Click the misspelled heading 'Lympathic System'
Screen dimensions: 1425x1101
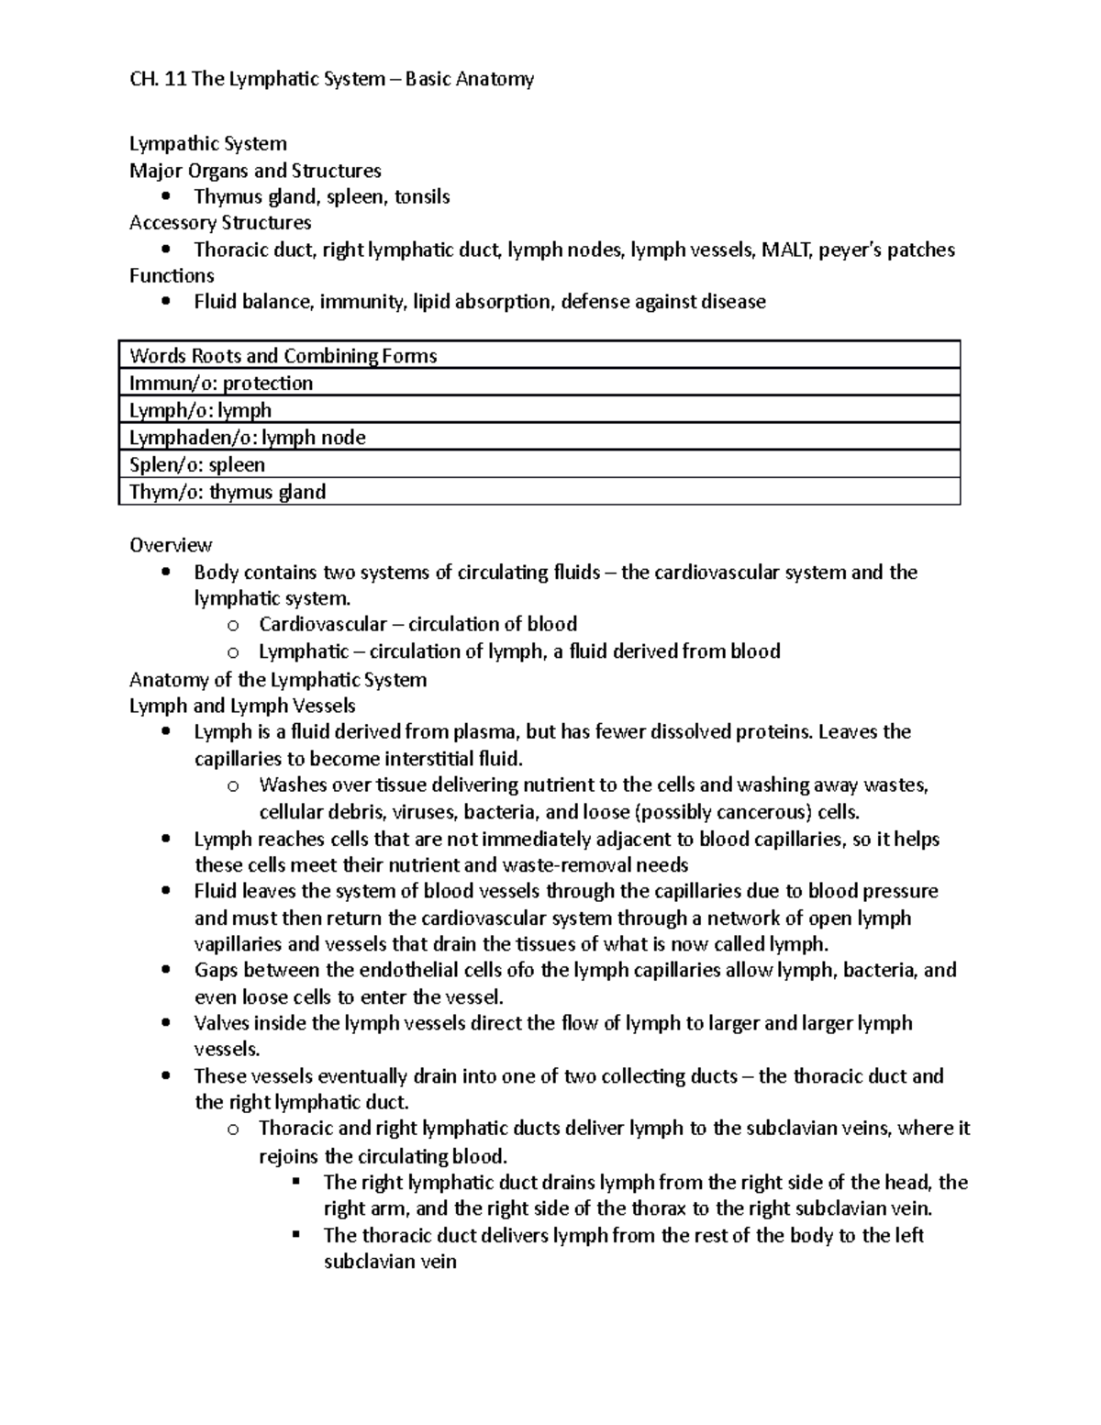208,144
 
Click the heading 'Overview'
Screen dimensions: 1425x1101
171,545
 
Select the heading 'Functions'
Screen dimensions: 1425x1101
172,276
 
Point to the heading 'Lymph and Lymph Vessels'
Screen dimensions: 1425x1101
242,706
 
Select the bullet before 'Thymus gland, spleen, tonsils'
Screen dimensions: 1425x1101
165,197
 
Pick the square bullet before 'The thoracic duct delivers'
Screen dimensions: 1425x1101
296,1235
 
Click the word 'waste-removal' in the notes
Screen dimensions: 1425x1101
555,865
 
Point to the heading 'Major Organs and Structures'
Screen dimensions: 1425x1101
255,171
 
